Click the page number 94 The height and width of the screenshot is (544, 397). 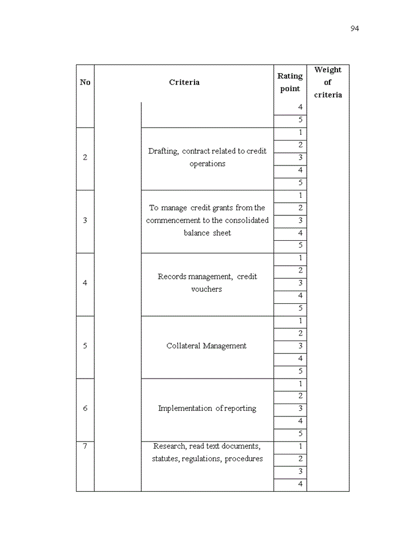point(354,29)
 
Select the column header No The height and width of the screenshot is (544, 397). point(85,82)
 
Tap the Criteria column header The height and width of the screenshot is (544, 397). point(184,82)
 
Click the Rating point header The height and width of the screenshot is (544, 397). point(290,82)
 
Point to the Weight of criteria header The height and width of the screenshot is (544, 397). point(328,82)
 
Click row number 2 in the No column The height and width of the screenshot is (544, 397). point(85,158)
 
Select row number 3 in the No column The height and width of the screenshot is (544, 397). point(85,220)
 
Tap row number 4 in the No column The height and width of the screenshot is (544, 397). point(85,283)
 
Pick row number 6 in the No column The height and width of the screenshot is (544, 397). point(85,408)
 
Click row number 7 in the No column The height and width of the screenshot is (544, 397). point(85,446)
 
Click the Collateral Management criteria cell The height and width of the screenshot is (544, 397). point(206,346)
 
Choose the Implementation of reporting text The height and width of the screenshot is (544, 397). point(207,408)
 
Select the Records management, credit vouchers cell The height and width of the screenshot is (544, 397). point(207,283)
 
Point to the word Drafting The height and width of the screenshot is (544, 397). point(163,151)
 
